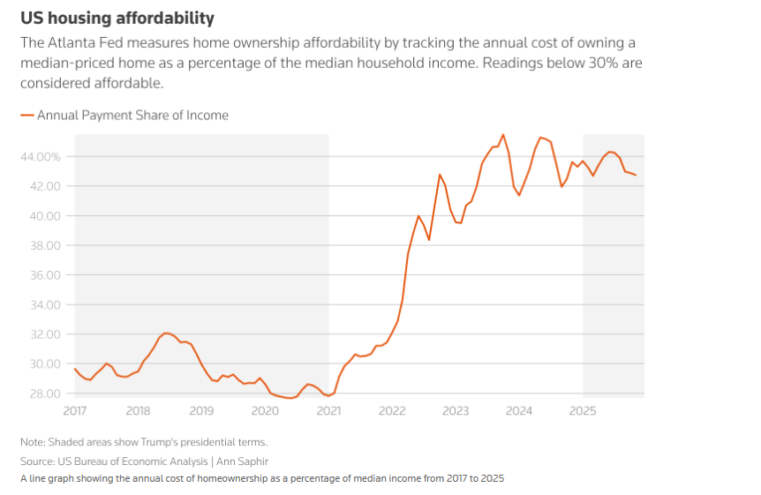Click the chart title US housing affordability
(x=117, y=18)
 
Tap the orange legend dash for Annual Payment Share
(x=26, y=115)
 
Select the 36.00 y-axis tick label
(x=43, y=274)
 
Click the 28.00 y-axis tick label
(x=43, y=394)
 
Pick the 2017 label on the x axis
(x=74, y=410)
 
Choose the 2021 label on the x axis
(x=328, y=410)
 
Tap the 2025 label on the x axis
(x=583, y=410)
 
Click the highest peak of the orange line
(x=503, y=135)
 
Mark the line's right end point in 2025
(x=636, y=175)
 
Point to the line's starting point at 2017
(x=75, y=369)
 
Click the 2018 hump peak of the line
(x=165, y=333)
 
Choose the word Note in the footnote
(x=33, y=441)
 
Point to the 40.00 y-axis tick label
(x=43, y=215)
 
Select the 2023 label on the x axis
(x=456, y=410)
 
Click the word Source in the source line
(x=37, y=461)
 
